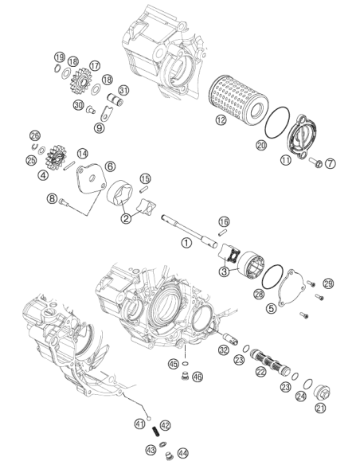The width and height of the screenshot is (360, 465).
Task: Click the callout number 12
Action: pyautogui.click(x=221, y=119)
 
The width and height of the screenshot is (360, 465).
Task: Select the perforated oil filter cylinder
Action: pyautogui.click(x=238, y=97)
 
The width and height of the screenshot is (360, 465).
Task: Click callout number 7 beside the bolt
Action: pyautogui.click(x=331, y=163)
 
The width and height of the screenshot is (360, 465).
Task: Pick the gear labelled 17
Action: pyautogui.click(x=80, y=80)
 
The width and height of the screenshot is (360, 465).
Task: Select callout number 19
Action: pyautogui.click(x=59, y=57)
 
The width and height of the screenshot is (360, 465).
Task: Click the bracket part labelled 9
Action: pyautogui.click(x=106, y=114)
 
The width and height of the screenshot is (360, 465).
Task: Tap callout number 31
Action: pyautogui.click(x=123, y=90)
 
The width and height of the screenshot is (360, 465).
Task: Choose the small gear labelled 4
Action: pyautogui.click(x=56, y=157)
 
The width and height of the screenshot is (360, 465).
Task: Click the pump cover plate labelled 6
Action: pyautogui.click(x=90, y=181)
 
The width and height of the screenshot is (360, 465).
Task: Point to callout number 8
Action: pyautogui.click(x=52, y=198)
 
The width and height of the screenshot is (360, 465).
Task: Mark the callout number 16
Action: pyautogui.click(x=224, y=221)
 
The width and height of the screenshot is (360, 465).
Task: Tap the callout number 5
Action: pyautogui.click(x=271, y=308)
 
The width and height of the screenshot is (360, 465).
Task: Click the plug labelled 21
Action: pyautogui.click(x=322, y=393)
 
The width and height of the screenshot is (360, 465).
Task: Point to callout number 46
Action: pyautogui.click(x=198, y=377)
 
